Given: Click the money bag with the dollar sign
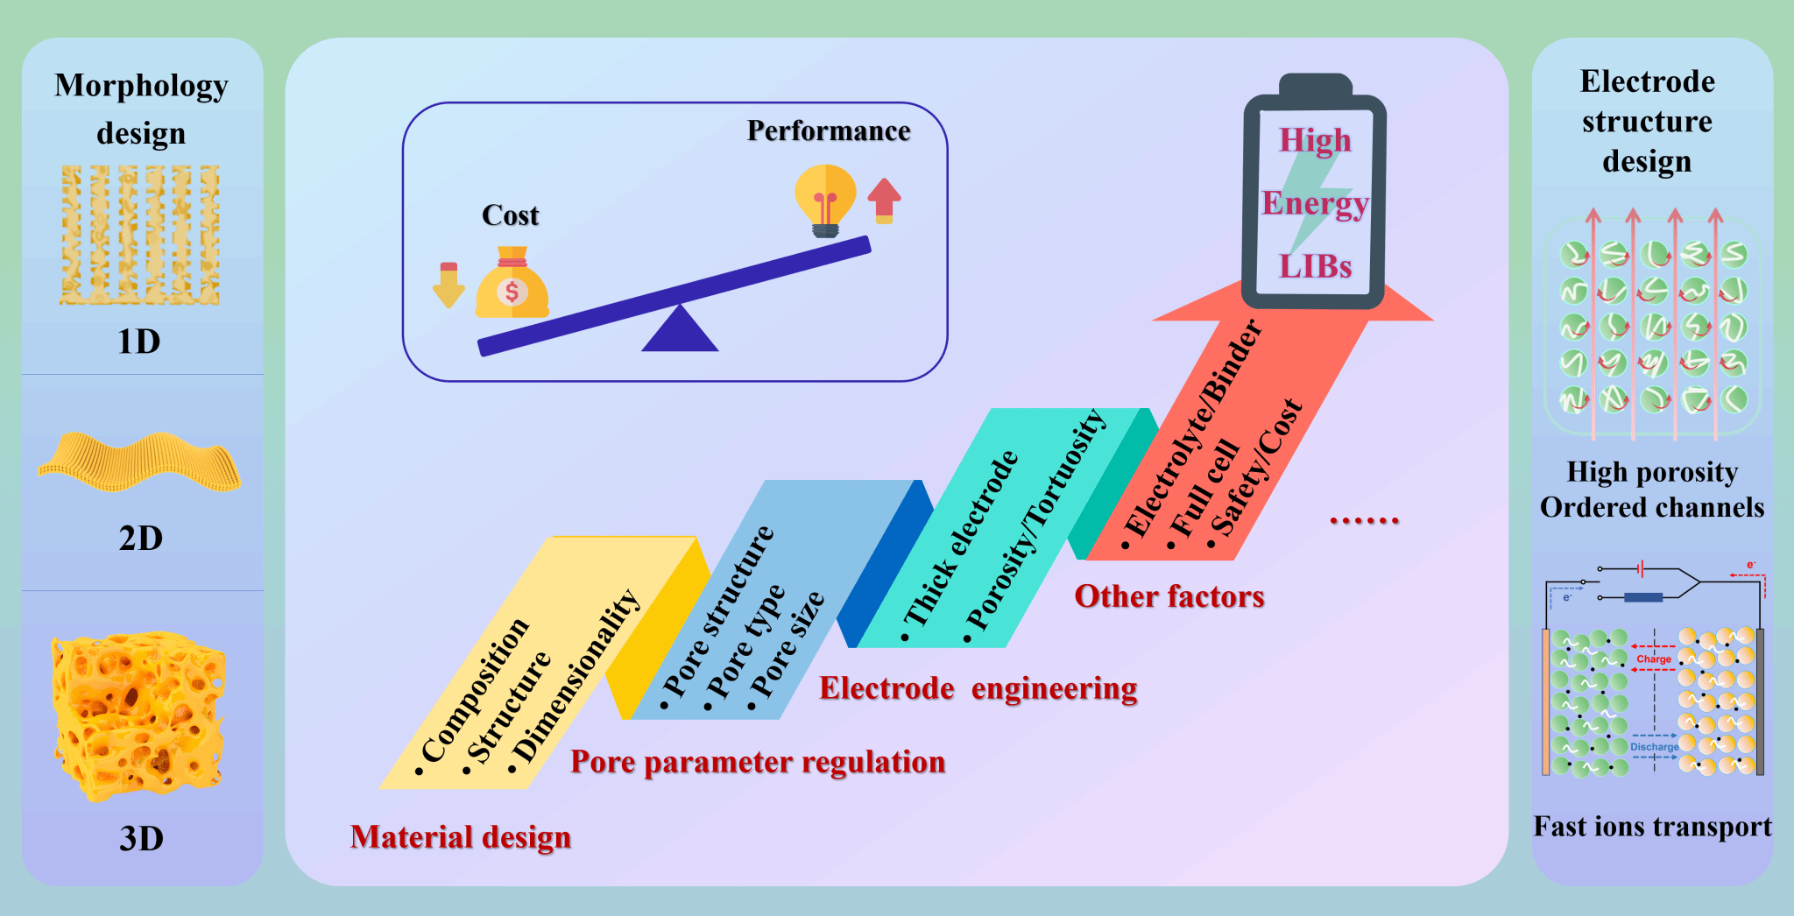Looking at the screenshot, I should click(x=512, y=285).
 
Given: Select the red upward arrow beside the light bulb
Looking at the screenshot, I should click(x=884, y=200).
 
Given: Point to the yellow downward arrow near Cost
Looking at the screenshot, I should click(x=448, y=285).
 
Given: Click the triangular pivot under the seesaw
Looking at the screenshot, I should click(x=680, y=330).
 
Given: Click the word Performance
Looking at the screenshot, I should click(x=829, y=130).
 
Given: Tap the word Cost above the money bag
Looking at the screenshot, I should click(x=510, y=215).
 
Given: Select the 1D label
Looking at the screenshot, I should click(x=139, y=342).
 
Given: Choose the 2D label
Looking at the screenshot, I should click(x=141, y=538).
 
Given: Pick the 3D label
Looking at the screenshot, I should click(x=141, y=838).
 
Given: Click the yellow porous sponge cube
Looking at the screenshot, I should click(x=139, y=714).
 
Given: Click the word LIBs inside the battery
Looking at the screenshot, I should click(x=1315, y=266).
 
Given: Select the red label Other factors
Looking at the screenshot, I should click(x=1169, y=596).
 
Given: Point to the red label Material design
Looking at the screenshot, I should click(x=461, y=837).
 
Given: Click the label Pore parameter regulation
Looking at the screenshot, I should click(x=758, y=762).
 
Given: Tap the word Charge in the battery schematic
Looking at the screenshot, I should click(x=1654, y=659).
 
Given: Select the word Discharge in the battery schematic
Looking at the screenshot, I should click(x=1654, y=747).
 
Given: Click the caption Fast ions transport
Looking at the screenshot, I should click(x=1652, y=827).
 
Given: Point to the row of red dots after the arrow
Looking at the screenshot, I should click(x=1364, y=521).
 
